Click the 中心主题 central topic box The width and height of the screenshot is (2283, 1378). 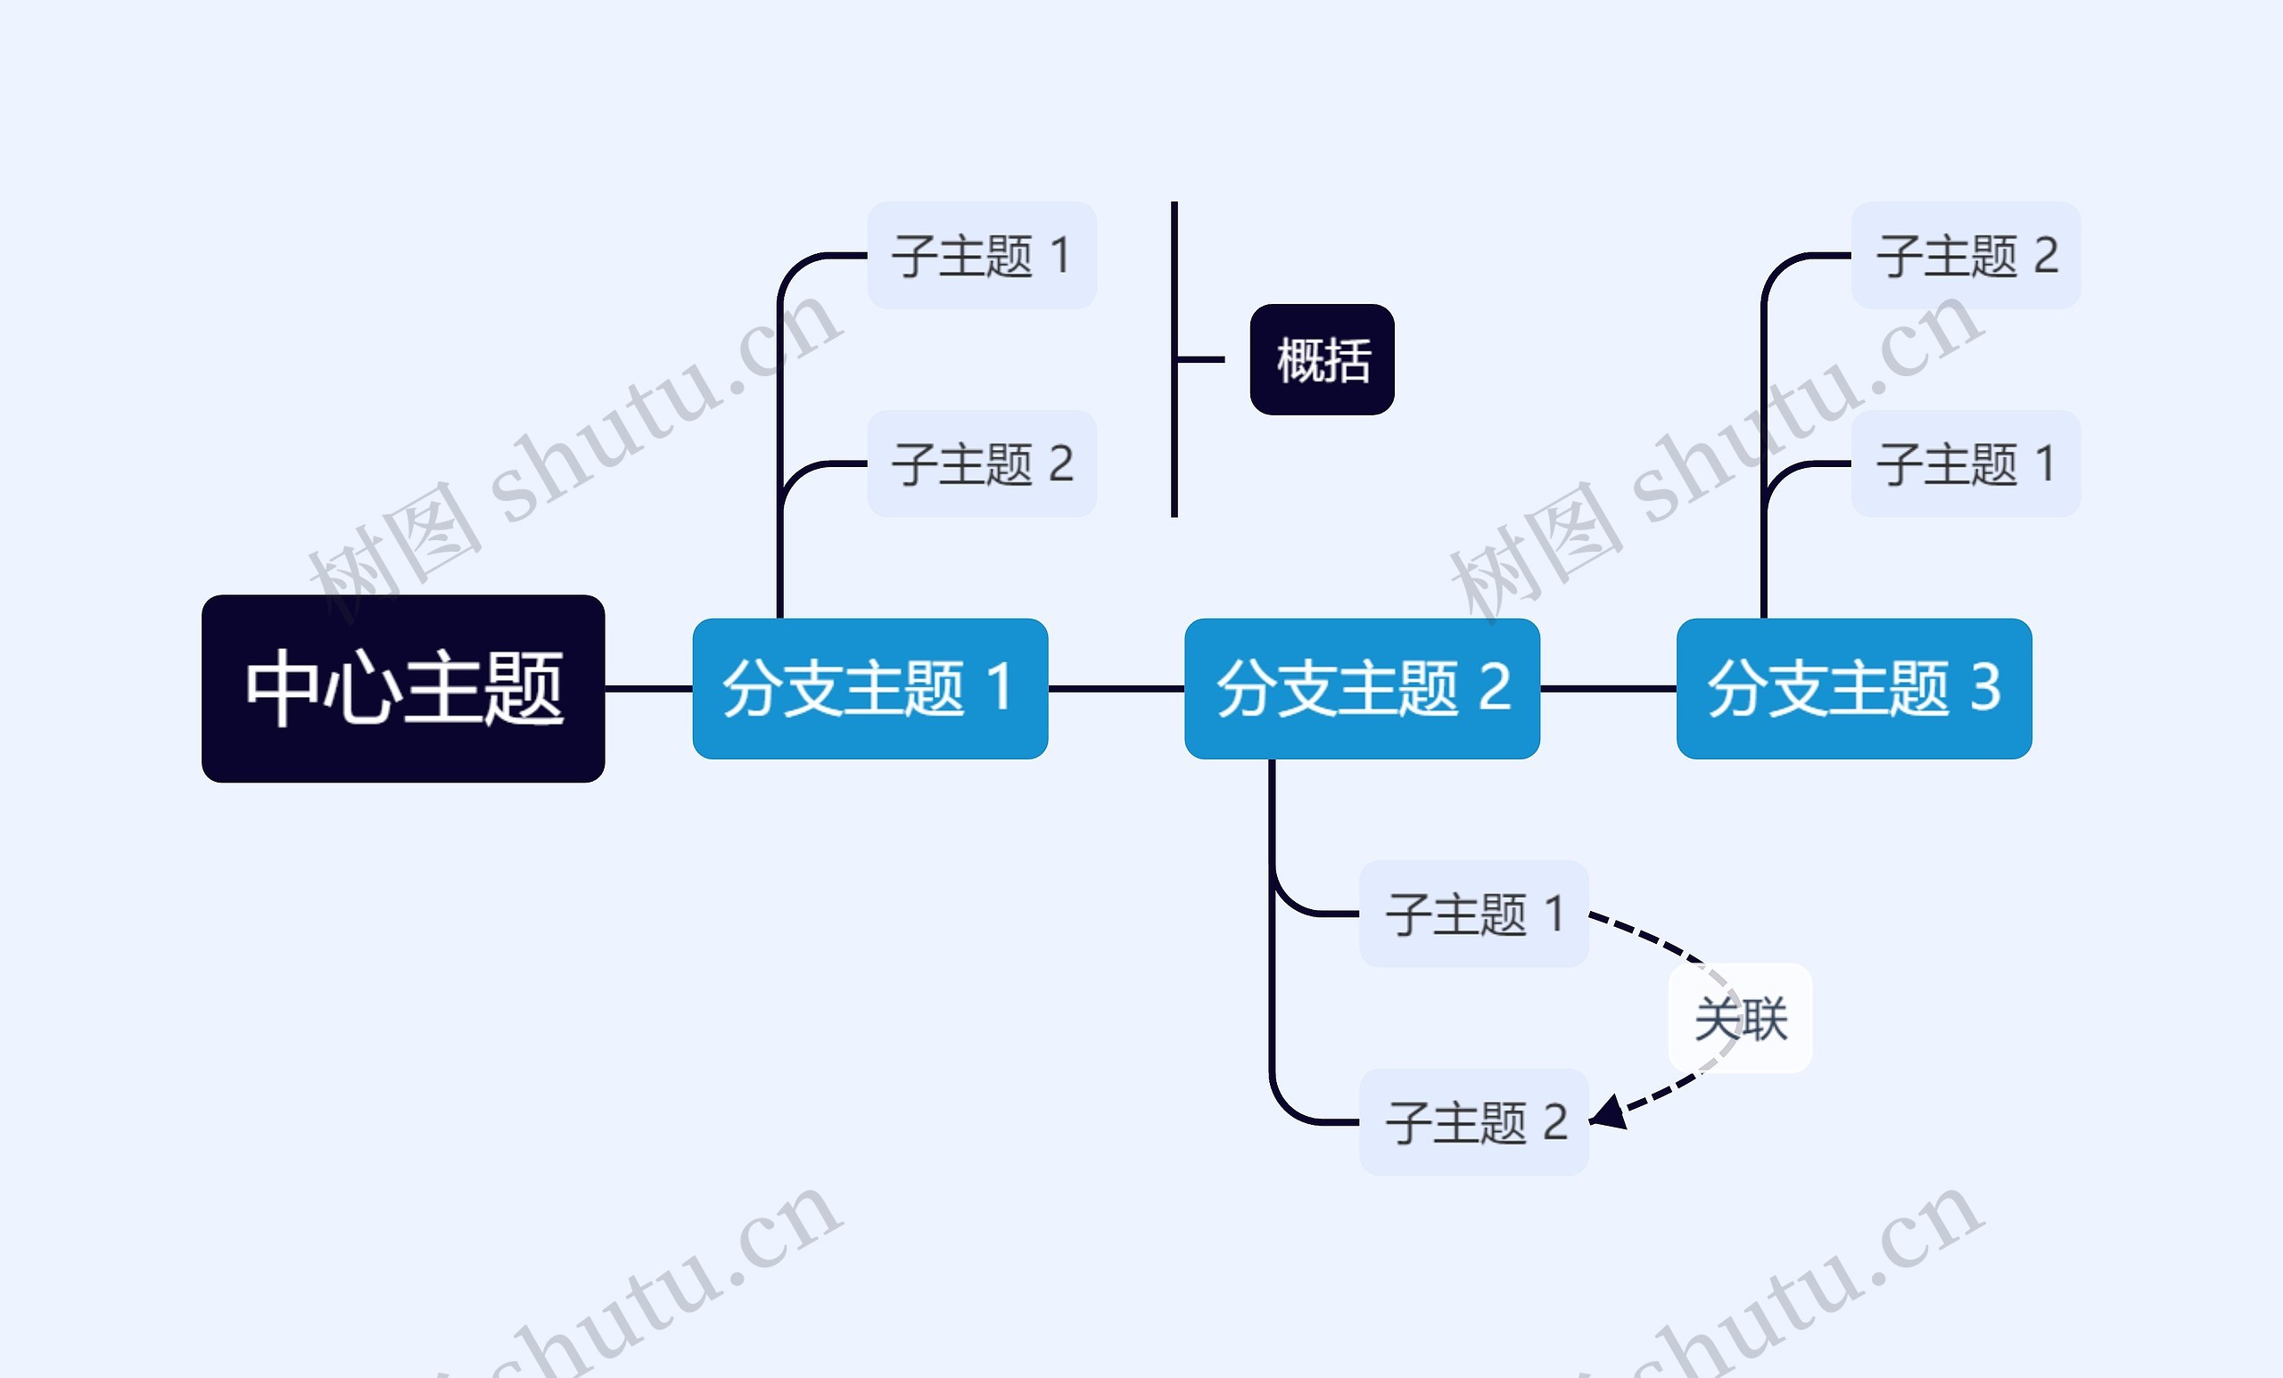tap(403, 688)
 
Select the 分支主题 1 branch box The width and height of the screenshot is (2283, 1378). tap(870, 688)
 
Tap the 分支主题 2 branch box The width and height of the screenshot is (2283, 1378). tap(1362, 688)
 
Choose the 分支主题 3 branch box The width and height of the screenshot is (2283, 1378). tap(1854, 688)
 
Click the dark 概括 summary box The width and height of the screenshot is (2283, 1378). tap(1323, 359)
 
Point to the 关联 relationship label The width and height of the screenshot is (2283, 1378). tap(1740, 1019)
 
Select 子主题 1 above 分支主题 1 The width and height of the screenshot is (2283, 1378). tap(982, 255)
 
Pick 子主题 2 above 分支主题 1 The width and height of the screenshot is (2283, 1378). tap(982, 463)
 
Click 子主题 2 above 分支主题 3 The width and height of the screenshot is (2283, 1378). tap(1966, 255)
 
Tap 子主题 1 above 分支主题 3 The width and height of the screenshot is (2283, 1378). tap(1966, 463)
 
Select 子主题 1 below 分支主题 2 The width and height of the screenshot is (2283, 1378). tap(1474, 914)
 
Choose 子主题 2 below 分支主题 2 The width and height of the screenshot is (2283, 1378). tap(1474, 1122)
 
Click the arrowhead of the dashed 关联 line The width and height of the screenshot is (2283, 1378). tap(1608, 1113)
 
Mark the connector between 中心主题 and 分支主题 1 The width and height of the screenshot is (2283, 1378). tap(648, 688)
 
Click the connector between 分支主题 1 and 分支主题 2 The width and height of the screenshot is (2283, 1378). tap(1117, 688)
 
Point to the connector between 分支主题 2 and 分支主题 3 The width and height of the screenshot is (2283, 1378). tap(1609, 688)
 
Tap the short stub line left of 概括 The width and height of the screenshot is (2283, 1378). tap(1200, 359)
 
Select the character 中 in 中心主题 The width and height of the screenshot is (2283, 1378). tap(284, 686)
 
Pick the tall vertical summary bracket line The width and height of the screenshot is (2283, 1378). tap(1174, 359)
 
